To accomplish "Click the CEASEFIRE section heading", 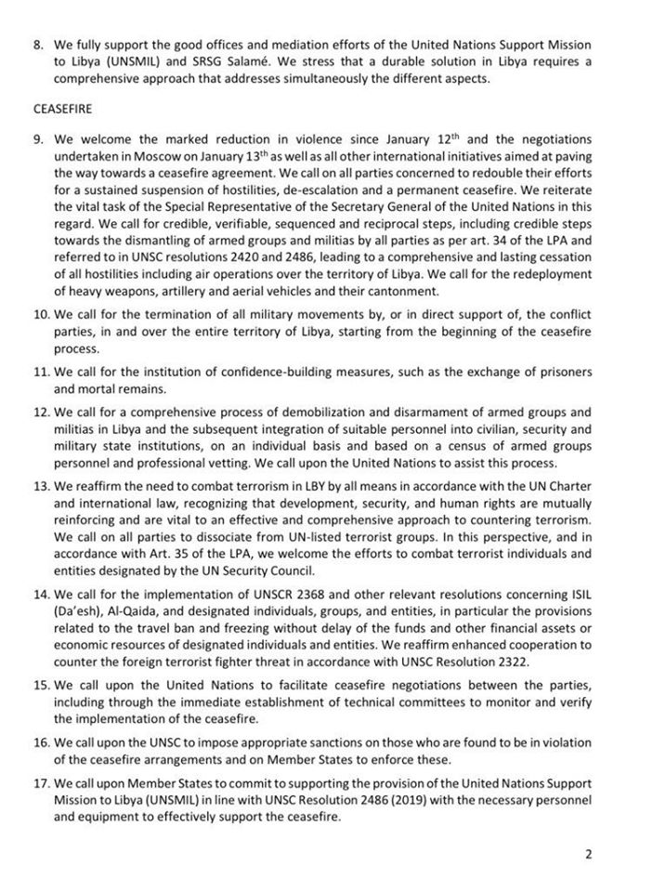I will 59,108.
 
